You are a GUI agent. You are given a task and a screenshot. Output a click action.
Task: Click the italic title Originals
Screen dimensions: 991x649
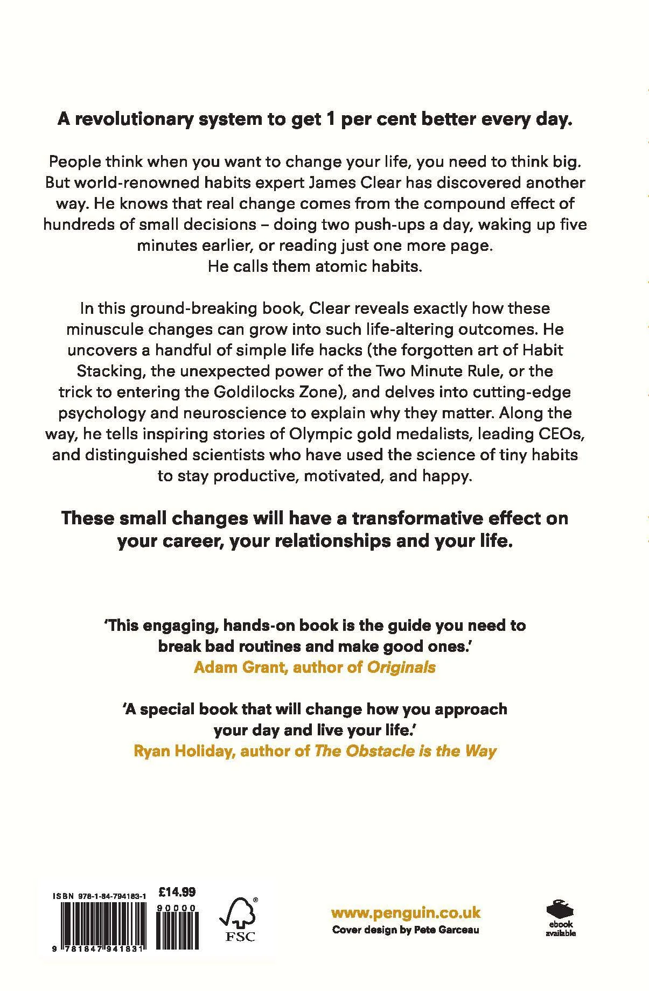click(x=401, y=667)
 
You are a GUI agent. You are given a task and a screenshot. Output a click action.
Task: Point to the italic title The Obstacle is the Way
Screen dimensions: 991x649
click(x=405, y=750)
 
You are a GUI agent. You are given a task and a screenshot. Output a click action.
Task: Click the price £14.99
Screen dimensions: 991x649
click(x=178, y=892)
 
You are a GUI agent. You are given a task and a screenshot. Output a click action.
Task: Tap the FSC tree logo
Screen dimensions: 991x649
click(x=239, y=918)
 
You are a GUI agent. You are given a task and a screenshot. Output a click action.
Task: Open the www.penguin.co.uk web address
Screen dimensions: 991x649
click(x=406, y=912)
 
